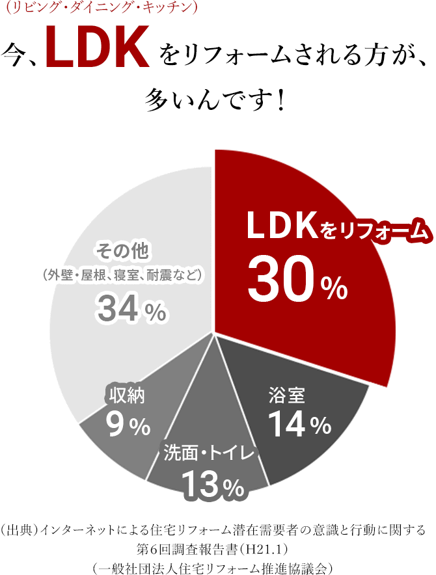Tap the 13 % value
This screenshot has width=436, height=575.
pyautogui.click(x=212, y=483)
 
